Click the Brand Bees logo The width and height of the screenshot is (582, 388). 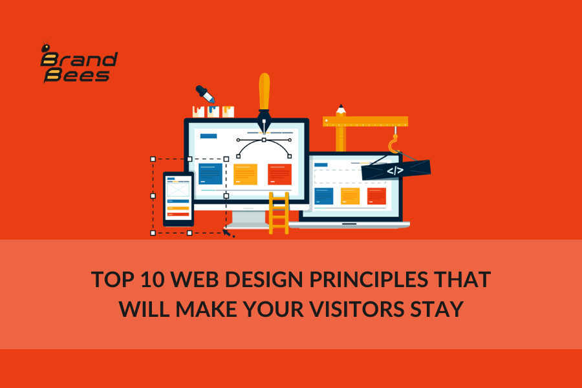pos(79,62)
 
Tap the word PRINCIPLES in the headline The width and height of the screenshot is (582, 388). pos(369,279)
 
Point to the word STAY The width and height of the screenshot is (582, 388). pos(437,309)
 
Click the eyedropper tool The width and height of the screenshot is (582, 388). pos(205,94)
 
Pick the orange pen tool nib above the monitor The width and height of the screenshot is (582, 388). pos(264,103)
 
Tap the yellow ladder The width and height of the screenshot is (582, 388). pos(279,213)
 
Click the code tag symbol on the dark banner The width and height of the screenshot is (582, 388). pos(395,171)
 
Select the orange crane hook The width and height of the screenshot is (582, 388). pos(394,144)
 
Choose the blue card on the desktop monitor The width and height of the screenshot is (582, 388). pos(210,174)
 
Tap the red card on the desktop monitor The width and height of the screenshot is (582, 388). pos(279,174)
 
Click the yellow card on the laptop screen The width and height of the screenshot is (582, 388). pos(350,196)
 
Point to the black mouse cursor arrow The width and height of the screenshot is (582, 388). pos(228,233)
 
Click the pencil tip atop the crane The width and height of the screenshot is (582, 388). pos(341,109)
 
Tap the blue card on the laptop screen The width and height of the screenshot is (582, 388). pos(324,196)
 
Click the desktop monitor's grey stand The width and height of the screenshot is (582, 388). pos(248,219)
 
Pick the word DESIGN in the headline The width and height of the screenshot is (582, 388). pos(264,279)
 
